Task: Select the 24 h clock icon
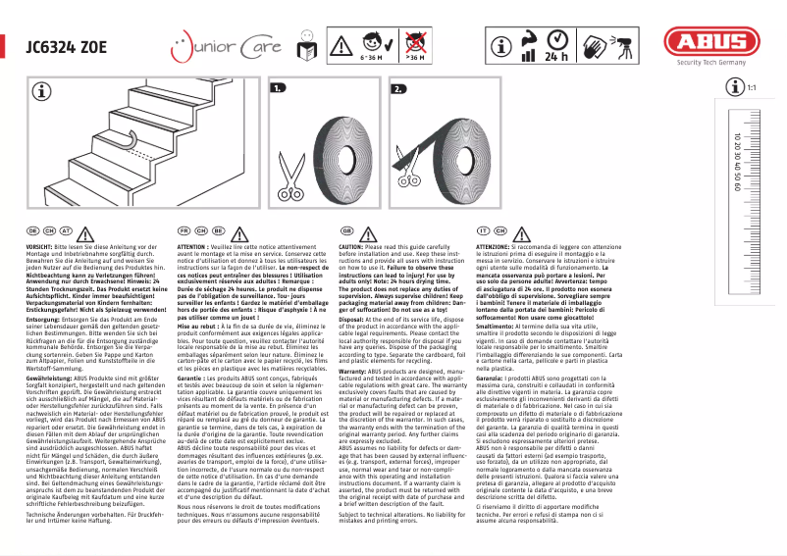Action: [x=557, y=45]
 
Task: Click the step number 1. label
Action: [x=278, y=88]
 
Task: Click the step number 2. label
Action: [x=397, y=88]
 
